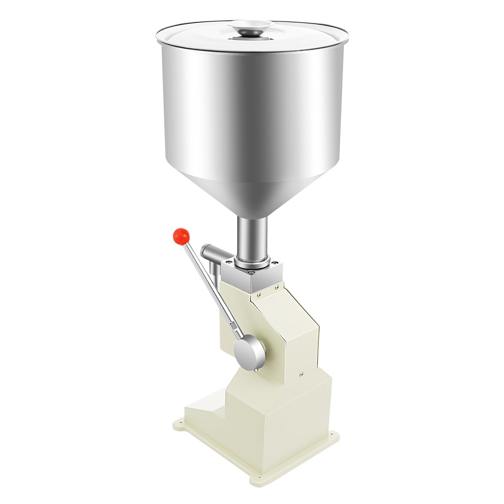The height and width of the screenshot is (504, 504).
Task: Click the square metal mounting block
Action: point(252,280)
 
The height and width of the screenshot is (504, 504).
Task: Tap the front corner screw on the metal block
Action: point(251,272)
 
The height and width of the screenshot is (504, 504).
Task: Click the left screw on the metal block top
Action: point(229,262)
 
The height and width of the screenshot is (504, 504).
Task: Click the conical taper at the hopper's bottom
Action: point(252,195)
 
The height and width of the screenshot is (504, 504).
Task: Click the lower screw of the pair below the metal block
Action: point(259,294)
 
